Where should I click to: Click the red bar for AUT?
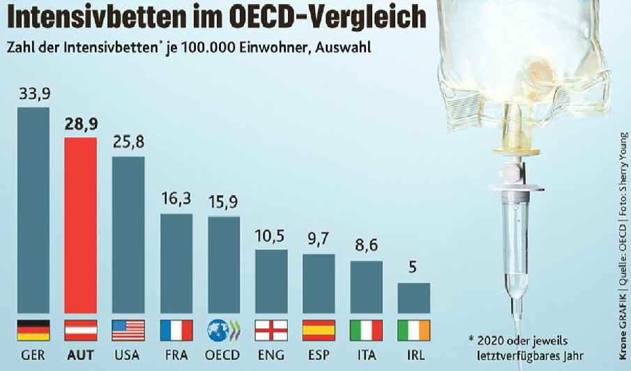click(x=80, y=225)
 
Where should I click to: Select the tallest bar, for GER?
click(x=33, y=209)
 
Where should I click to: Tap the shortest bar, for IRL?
click(x=413, y=298)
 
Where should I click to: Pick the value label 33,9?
click(x=33, y=93)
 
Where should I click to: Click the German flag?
click(x=33, y=330)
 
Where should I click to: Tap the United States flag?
click(x=128, y=330)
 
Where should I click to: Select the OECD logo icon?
click(x=223, y=330)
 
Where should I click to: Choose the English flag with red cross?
click(x=271, y=330)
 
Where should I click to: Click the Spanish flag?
click(x=319, y=330)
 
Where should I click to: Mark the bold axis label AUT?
click(x=80, y=354)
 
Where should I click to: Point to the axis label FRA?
click(x=176, y=354)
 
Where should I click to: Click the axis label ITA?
click(x=366, y=354)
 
